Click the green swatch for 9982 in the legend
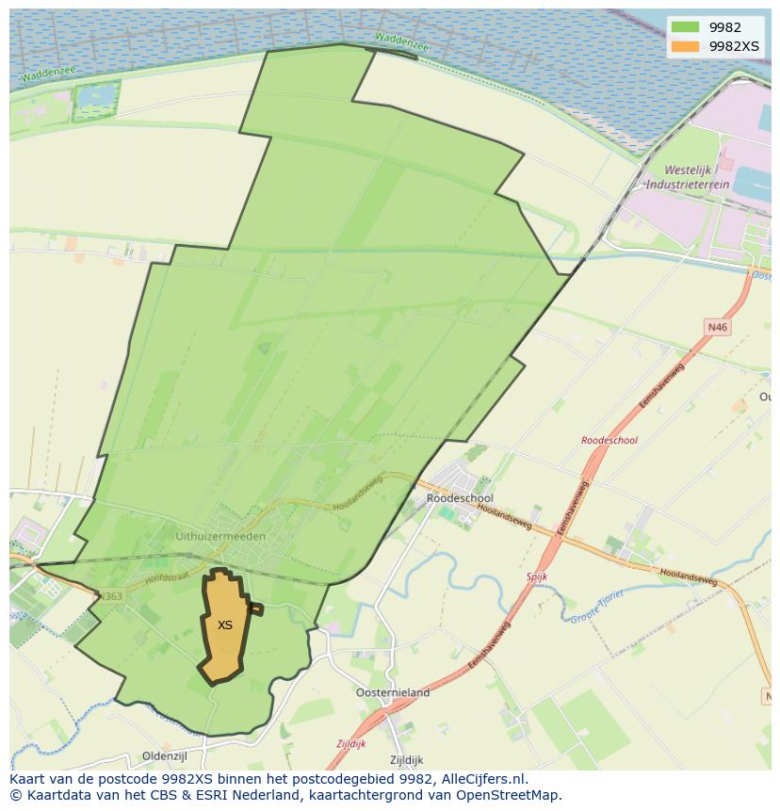(686, 27)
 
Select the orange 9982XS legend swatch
(686, 45)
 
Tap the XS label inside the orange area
(225, 625)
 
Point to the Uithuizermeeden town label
(220, 536)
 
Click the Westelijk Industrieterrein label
(697, 177)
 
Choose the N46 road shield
(718, 327)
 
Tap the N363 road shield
(110, 596)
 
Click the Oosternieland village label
(393, 692)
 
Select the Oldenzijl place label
(166, 755)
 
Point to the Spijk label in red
(537, 576)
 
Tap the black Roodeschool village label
(460, 498)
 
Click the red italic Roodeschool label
(609, 440)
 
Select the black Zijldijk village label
(406, 760)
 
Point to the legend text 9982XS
(735, 45)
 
